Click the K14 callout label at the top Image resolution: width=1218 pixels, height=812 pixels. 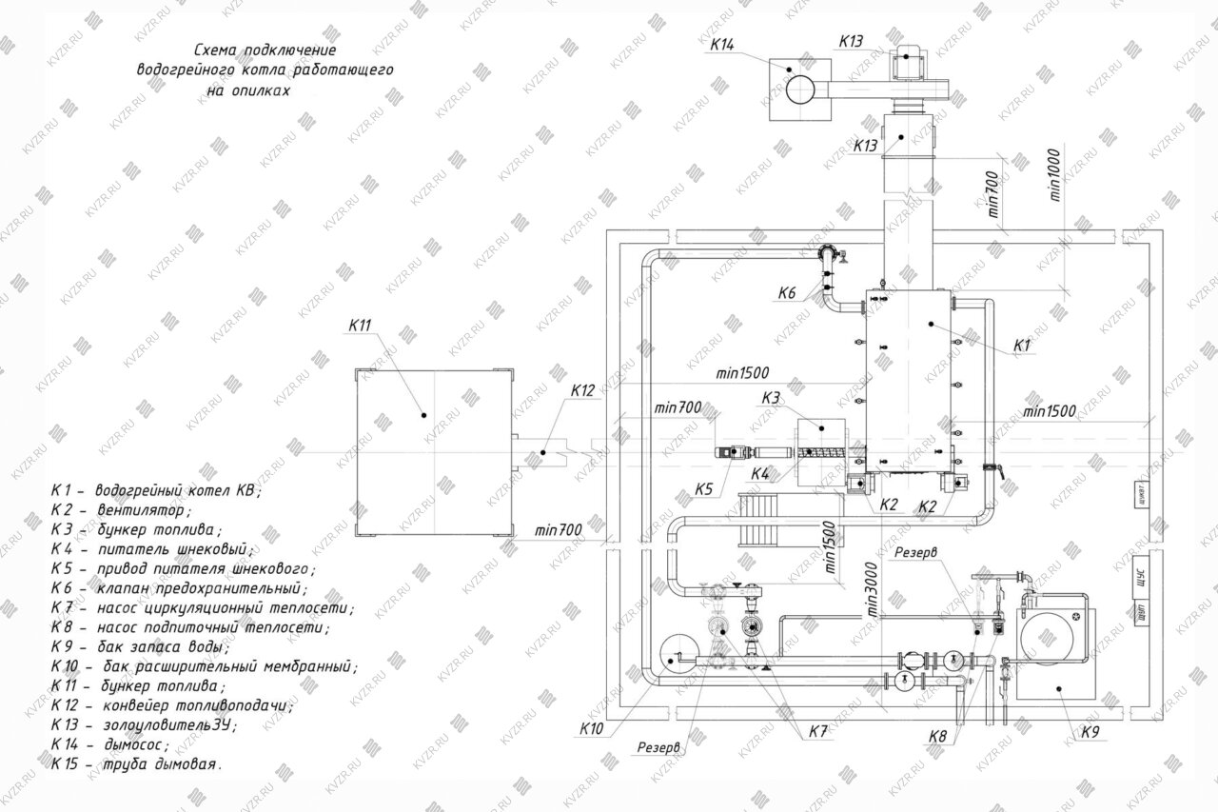723,45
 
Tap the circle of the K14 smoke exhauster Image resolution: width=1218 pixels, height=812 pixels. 799,89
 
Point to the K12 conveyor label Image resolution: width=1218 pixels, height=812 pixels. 582,391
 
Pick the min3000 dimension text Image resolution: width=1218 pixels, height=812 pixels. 868,595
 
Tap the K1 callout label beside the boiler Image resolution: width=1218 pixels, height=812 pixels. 1023,346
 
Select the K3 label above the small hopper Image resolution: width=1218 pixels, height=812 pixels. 772,397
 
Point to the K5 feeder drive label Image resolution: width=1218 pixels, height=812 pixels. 703,489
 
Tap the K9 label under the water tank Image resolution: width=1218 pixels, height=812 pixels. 1090,732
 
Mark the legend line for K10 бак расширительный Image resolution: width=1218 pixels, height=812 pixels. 204,665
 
